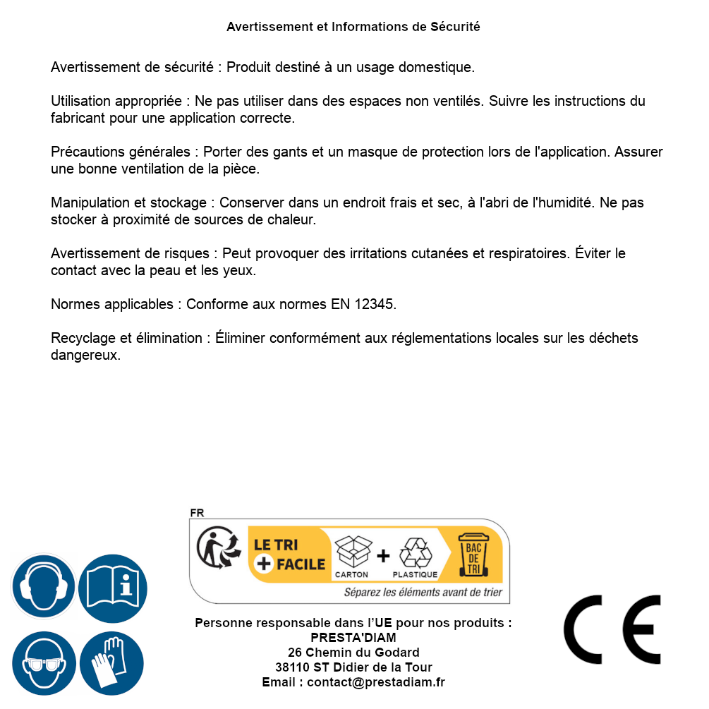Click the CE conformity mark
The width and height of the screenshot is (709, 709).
tap(612, 629)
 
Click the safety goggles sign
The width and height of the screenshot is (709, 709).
tap(44, 663)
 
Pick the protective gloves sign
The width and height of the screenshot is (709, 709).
tap(111, 663)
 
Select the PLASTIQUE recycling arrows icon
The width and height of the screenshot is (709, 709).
tap(415, 553)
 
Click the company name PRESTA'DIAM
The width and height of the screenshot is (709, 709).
tap(353, 638)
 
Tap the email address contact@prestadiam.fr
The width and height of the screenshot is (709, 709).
tap(376, 682)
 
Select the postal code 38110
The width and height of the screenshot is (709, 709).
tap(292, 667)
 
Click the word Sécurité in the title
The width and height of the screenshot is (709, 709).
tap(455, 27)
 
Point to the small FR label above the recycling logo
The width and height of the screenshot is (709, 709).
tap(197, 513)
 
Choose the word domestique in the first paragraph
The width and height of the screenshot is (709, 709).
tap(437, 68)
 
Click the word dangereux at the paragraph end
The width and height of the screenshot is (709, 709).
tap(85, 356)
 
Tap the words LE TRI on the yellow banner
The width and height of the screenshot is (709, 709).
tap(276, 545)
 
